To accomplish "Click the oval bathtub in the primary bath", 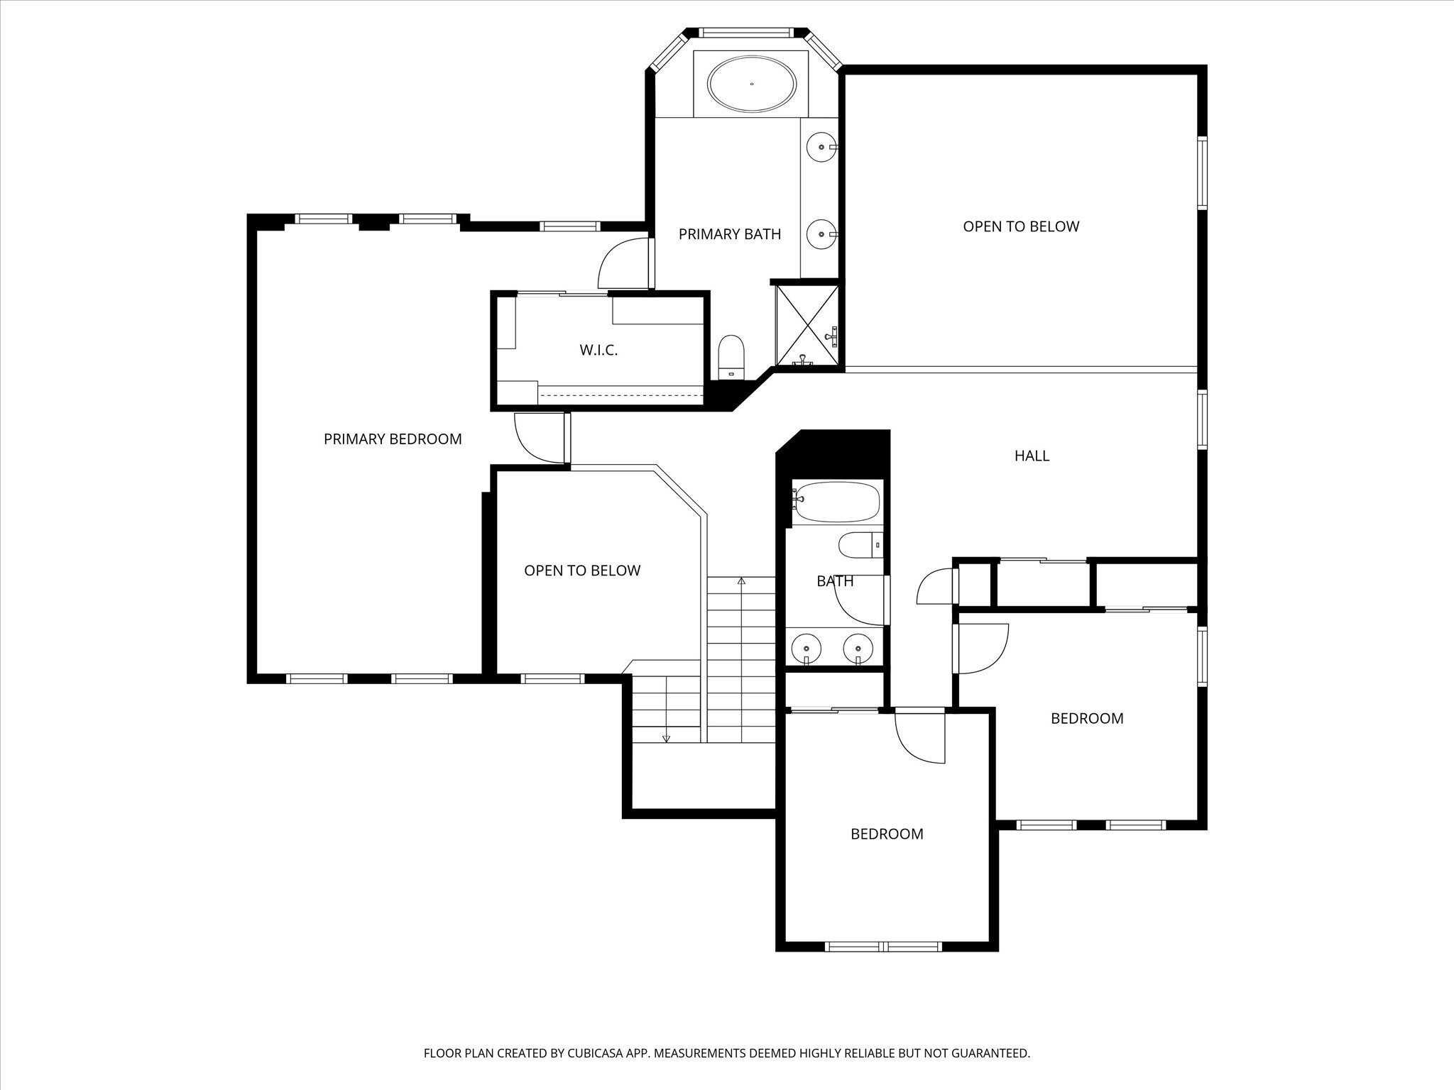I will click(752, 84).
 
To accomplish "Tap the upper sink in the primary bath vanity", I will click(822, 147).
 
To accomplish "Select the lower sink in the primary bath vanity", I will click(822, 233).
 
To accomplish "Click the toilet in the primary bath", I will click(731, 358).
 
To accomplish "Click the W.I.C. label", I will click(598, 350).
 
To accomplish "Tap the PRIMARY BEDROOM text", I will click(393, 439).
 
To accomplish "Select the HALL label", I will click(1032, 456).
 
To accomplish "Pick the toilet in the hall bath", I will click(860, 546).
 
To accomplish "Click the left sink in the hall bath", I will click(807, 647).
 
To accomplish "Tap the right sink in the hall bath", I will click(858, 647).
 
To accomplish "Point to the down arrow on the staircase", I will click(666, 738).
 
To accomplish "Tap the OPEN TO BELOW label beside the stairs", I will click(582, 571).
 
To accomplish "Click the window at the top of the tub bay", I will click(746, 33).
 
